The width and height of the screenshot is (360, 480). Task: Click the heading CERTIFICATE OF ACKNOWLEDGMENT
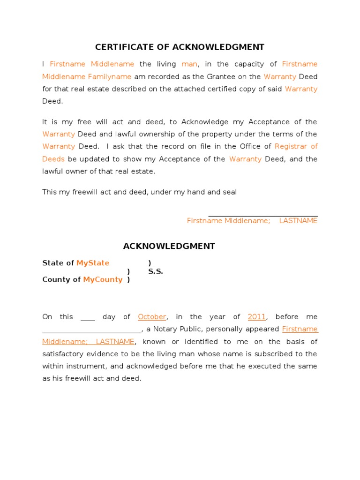click(x=180, y=47)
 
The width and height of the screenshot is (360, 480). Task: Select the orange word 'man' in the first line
click(x=189, y=64)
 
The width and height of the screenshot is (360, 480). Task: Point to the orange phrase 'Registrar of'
click(x=296, y=147)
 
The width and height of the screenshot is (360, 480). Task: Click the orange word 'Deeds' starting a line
click(x=53, y=159)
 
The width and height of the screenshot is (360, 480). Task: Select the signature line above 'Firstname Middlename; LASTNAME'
click(x=263, y=216)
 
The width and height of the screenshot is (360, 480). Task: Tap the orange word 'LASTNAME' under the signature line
click(x=298, y=221)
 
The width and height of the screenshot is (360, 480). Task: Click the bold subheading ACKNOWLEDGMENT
click(x=169, y=246)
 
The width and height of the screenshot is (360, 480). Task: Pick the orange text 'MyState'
click(x=93, y=263)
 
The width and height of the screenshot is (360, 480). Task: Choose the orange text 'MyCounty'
click(x=103, y=279)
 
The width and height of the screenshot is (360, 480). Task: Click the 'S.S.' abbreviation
click(x=156, y=271)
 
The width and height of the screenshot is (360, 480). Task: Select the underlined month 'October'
click(x=152, y=317)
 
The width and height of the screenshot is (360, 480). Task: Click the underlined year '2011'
click(x=257, y=317)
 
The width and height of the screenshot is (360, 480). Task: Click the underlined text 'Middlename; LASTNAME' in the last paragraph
click(x=88, y=342)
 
